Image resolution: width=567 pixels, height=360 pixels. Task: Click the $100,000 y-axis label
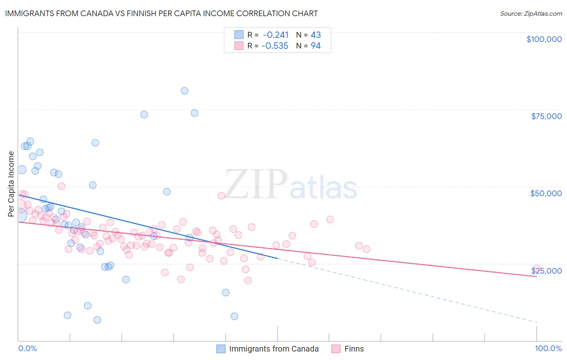click(x=544, y=39)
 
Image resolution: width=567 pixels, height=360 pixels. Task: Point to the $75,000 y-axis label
click(x=546, y=116)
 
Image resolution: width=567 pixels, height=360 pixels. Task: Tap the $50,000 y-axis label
click(x=546, y=193)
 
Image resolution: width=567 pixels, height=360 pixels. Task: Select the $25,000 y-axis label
click(x=546, y=271)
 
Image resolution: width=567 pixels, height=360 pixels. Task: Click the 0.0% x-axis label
click(x=27, y=348)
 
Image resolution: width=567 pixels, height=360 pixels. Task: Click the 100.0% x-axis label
click(x=548, y=348)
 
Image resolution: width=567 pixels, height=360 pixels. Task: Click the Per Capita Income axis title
click(x=11, y=184)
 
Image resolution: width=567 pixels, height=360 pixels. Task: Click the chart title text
click(x=161, y=13)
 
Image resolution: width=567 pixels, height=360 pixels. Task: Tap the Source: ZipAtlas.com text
click(x=531, y=13)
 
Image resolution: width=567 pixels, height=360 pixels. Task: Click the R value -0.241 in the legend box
click(x=275, y=35)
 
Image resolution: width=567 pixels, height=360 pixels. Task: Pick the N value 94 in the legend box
click(x=315, y=46)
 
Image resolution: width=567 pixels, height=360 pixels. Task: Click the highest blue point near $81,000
click(x=184, y=91)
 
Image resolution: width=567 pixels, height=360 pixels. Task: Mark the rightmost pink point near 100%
click(x=536, y=269)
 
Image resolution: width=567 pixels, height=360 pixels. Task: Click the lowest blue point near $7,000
click(x=97, y=320)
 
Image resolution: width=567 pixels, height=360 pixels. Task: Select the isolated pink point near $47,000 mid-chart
click(x=221, y=196)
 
